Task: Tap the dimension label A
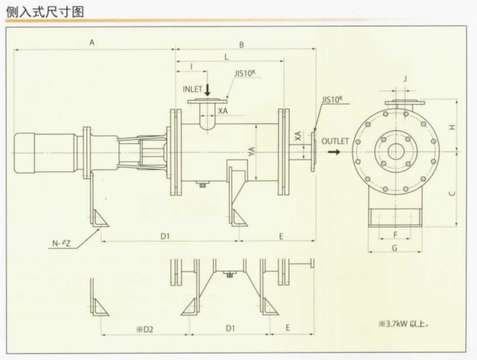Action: click(x=92, y=43)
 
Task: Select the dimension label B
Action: click(x=241, y=45)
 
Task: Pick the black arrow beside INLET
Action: click(x=208, y=88)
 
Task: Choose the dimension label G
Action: click(x=394, y=246)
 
